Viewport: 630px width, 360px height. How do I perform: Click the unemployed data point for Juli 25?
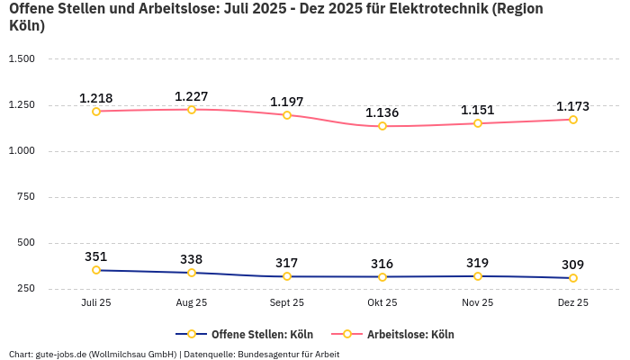[x=96, y=111]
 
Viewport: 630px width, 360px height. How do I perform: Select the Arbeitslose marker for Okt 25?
[x=382, y=126]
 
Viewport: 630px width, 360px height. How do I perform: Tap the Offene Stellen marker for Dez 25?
[x=572, y=278]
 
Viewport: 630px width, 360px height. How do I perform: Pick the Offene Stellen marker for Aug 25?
[x=192, y=273]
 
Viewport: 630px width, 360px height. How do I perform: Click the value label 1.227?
[x=192, y=96]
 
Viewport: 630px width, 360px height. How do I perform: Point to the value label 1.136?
[x=382, y=112]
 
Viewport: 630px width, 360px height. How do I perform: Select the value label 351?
[x=96, y=256]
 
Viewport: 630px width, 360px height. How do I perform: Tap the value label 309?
[x=572, y=265]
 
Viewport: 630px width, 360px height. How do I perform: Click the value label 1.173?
[x=572, y=106]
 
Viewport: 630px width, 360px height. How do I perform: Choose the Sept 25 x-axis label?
[x=287, y=303]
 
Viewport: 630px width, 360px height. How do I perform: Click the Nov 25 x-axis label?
[x=478, y=303]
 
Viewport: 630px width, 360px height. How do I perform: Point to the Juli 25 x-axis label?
[x=96, y=303]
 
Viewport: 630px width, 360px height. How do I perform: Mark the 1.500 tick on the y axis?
[x=21, y=58]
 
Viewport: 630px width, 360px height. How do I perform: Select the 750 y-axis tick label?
[x=25, y=196]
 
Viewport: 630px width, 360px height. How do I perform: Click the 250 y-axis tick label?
[x=25, y=288]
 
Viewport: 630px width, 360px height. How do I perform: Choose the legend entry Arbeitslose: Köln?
[x=410, y=334]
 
